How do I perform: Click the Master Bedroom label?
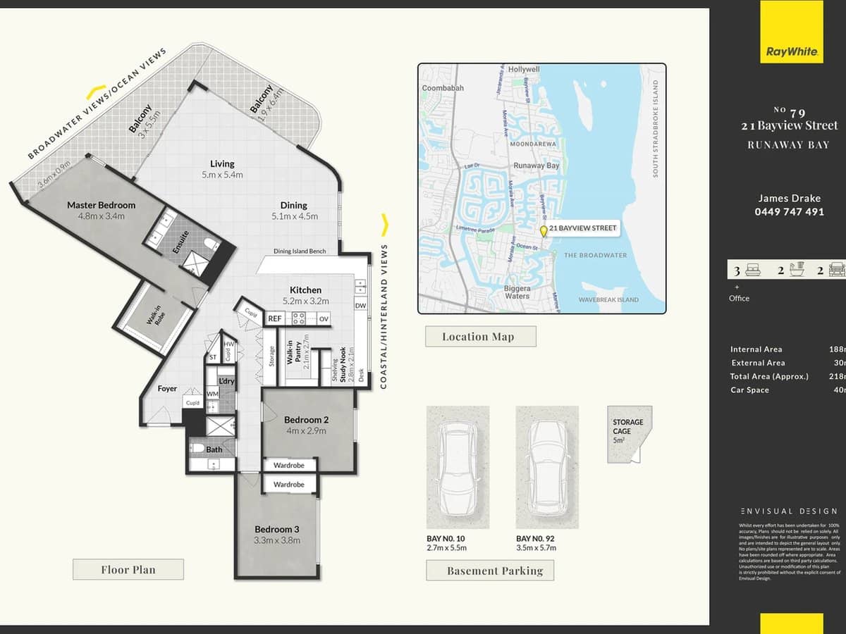coord(101,205)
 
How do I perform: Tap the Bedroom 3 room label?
coord(277,529)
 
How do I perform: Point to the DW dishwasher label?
coord(360,306)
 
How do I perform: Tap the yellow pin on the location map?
coord(543,231)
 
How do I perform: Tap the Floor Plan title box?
coord(128,569)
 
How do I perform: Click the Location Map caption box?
coord(480,337)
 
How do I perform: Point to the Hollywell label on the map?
coord(524,70)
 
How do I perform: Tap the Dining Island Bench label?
coord(300,251)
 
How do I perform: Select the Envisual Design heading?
coord(789,511)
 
